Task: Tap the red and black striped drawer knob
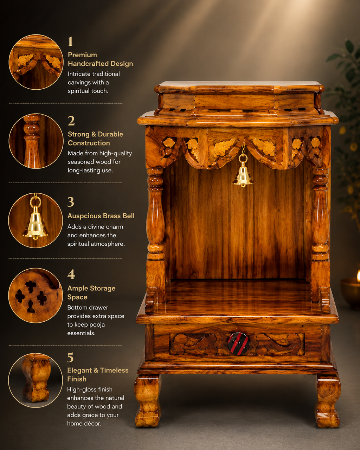239,343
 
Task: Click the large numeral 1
70,41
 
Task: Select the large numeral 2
71,121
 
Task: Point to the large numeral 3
71,202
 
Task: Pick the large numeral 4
71,274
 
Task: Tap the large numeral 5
71,358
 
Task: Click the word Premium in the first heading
82,55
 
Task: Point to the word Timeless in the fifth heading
114,370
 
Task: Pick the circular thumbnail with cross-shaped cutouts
36,295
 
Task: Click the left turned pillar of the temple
155,214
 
